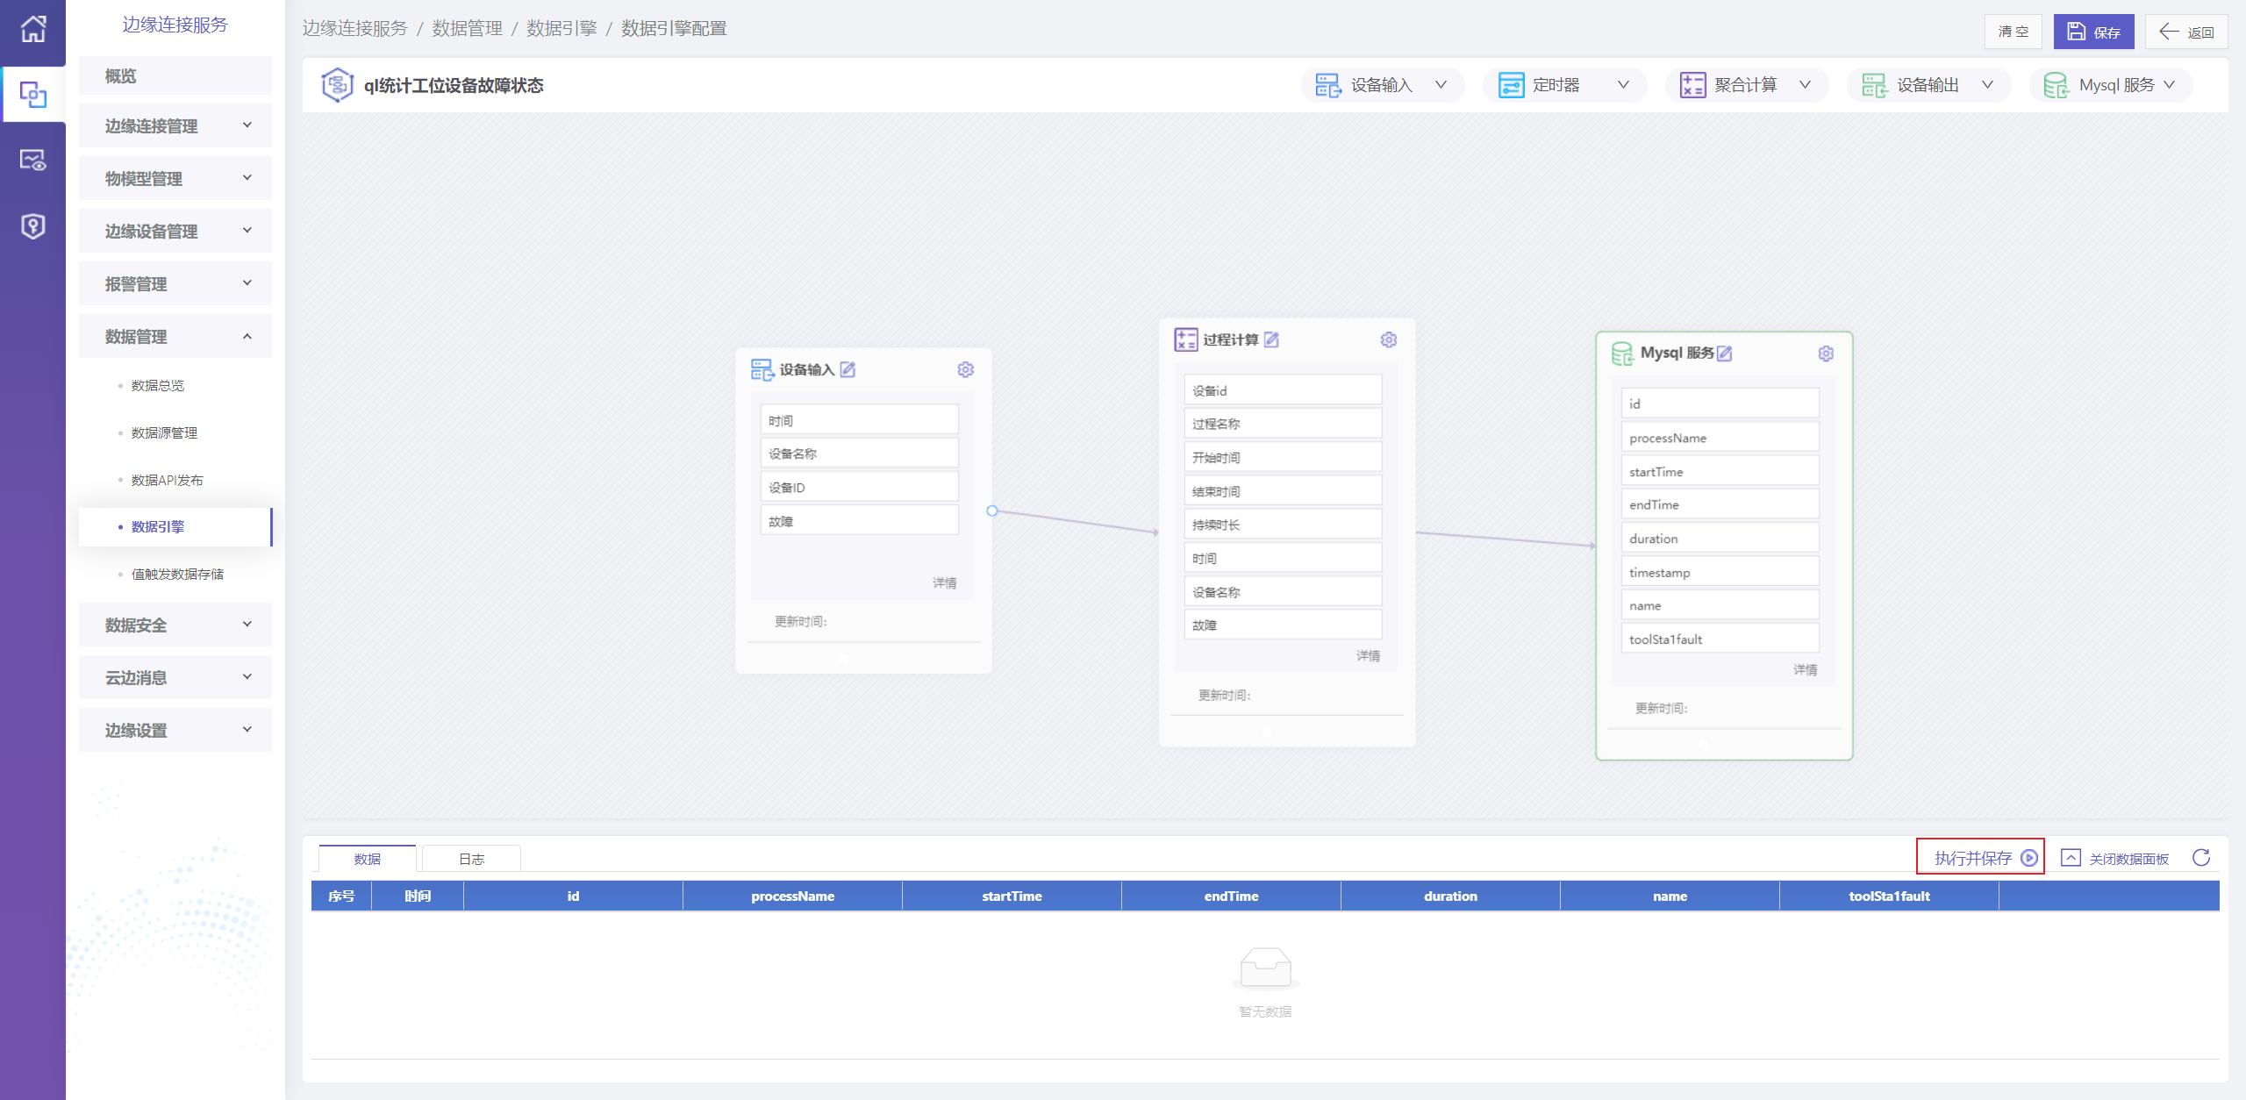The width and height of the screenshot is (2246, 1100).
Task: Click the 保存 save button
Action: pyautogui.click(x=2093, y=32)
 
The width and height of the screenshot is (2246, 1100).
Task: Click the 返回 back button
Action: pyautogui.click(x=2185, y=32)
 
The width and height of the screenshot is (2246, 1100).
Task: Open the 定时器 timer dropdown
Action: pyautogui.click(x=1564, y=85)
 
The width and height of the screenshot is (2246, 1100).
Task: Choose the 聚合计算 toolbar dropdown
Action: pyautogui.click(x=1746, y=85)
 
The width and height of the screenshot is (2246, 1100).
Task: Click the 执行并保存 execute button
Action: pyautogui.click(x=1980, y=857)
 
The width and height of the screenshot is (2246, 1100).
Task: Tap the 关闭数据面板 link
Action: pyautogui.click(x=2114, y=858)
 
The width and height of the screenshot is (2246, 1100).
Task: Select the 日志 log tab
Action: pyautogui.click(x=471, y=859)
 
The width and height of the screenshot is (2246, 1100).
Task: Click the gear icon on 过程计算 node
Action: pyautogui.click(x=1388, y=339)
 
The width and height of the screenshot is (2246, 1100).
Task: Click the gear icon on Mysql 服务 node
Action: pyautogui.click(x=1826, y=353)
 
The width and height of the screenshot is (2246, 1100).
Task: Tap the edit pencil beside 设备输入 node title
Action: pyautogui.click(x=848, y=369)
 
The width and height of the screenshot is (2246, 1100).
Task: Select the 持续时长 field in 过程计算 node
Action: pyautogui.click(x=1283, y=525)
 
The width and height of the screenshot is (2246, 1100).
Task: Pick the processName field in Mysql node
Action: pyautogui.click(x=1720, y=438)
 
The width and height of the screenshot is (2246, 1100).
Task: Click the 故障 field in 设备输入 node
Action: pyautogui.click(x=859, y=521)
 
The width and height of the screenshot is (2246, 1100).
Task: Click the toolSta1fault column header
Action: pyautogui.click(x=1889, y=896)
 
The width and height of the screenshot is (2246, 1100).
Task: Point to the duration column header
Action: pyautogui.click(x=1450, y=896)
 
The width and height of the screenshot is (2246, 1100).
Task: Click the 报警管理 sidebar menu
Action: pyautogui.click(x=175, y=283)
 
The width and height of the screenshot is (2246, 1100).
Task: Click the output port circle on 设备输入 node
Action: pyautogui.click(x=992, y=511)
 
